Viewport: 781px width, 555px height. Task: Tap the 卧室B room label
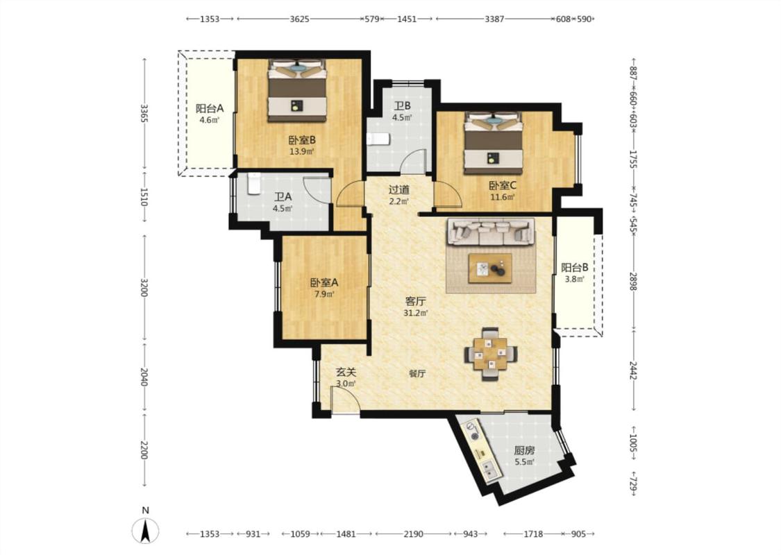[x=302, y=140]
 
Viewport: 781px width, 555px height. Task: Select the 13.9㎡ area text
[x=302, y=151]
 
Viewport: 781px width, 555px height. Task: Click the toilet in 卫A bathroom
[x=253, y=183]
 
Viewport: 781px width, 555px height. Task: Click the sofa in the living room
[x=491, y=232]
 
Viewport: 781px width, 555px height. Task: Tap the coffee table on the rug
[x=489, y=268]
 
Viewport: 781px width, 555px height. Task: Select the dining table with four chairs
[x=491, y=353]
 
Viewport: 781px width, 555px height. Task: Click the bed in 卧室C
[x=493, y=142]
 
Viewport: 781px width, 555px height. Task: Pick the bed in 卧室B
[x=297, y=90]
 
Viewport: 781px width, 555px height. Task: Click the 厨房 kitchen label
[x=524, y=450]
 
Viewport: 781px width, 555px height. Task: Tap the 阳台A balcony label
[x=209, y=108]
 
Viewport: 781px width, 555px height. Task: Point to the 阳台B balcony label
[x=575, y=267]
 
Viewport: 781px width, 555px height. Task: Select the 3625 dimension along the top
[x=299, y=19]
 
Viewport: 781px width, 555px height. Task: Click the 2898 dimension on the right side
[x=633, y=281]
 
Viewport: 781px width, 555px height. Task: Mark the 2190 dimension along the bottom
[x=413, y=534]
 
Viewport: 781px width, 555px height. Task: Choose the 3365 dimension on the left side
[x=144, y=113]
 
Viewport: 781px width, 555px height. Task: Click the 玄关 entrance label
[x=346, y=372]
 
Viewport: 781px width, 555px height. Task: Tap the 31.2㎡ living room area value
[x=415, y=313]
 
